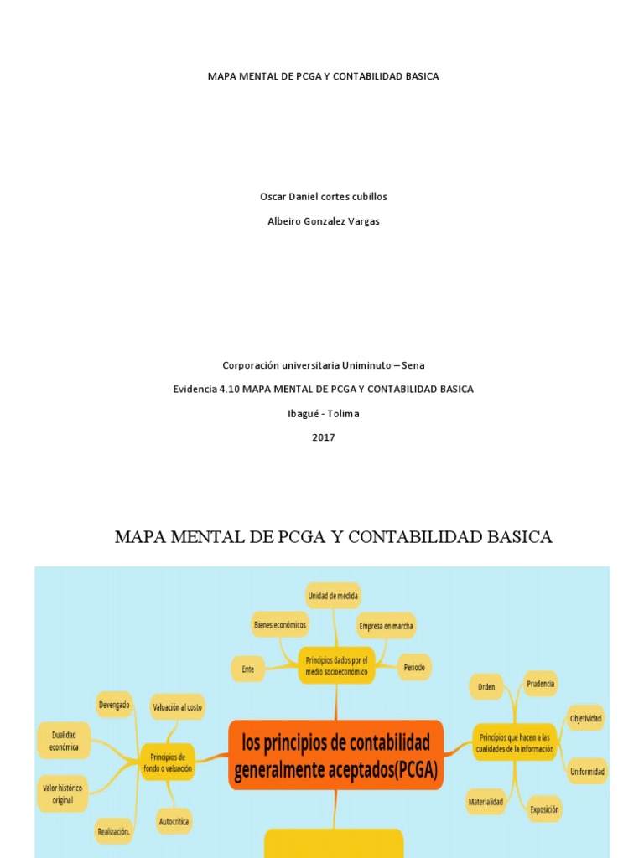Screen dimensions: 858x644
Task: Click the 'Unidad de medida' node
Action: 333,596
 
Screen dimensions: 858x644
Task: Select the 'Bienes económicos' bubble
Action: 280,624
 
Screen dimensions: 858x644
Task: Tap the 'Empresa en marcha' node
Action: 386,626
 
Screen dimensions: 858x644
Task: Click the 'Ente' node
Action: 247,669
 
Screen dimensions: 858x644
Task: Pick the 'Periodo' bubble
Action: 414,668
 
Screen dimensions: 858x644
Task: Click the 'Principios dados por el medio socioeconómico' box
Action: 335,665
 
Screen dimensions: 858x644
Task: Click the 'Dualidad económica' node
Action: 65,741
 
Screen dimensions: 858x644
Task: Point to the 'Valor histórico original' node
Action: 63,793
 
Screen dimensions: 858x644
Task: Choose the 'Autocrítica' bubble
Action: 174,822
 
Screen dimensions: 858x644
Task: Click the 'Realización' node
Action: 113,831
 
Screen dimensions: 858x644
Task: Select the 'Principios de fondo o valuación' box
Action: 167,762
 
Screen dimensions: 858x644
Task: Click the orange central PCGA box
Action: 335,755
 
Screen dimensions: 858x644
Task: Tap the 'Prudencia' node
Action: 540,685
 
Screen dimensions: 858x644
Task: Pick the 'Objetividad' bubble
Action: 585,718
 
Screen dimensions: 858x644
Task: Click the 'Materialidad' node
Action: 486,802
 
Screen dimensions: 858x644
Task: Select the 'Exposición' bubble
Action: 544,809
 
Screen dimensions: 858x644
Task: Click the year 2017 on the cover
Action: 323,437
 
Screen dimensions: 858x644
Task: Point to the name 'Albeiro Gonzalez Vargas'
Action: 323,221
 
